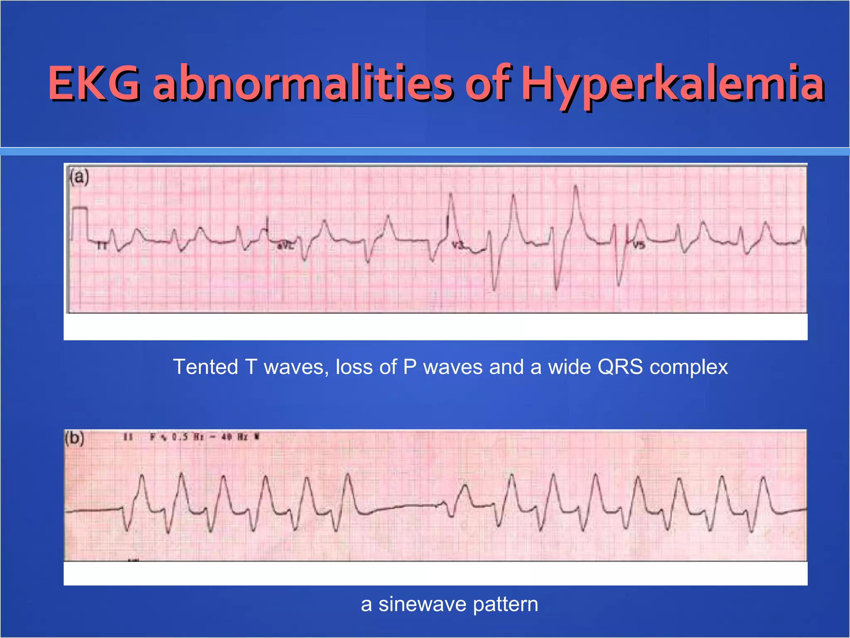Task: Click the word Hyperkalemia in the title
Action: coord(672,84)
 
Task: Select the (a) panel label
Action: coord(79,177)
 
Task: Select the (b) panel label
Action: coord(75,438)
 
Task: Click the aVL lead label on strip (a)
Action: coord(285,246)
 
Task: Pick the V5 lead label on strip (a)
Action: coord(639,245)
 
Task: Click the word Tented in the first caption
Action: coord(205,367)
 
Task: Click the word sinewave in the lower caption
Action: coord(423,604)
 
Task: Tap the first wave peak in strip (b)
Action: coord(142,476)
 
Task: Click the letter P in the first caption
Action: coord(410,367)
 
